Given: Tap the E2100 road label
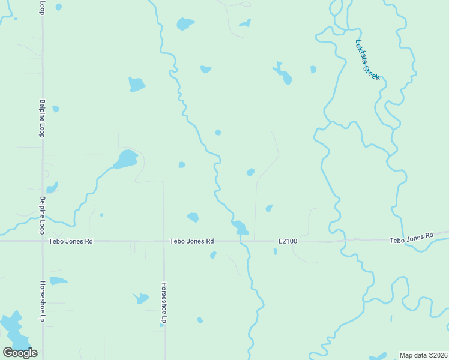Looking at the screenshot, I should [288, 241].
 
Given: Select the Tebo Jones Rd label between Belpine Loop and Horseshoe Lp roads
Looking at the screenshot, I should [71, 241].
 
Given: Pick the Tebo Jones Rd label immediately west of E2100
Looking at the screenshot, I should [192, 241].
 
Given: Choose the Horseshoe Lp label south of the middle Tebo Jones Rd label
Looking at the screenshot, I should [163, 303].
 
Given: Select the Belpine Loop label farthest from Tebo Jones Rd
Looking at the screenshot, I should [42, 118].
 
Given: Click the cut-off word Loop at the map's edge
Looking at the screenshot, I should [42, 7].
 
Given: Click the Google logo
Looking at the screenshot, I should [20, 353].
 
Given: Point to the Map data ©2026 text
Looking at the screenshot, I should [423, 355].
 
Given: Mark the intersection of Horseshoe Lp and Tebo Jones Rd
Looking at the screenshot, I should [164, 241].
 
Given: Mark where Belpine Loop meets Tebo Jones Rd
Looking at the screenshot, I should [42, 241].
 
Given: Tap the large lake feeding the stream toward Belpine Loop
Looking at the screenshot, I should [126, 160].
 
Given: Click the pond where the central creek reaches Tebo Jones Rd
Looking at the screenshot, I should [240, 227].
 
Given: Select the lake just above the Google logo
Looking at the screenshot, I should [11, 327].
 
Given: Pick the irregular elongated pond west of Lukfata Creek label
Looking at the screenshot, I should [283, 74].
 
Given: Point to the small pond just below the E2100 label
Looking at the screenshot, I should [275, 251].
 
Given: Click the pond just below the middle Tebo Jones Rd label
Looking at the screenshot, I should [213, 255].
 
